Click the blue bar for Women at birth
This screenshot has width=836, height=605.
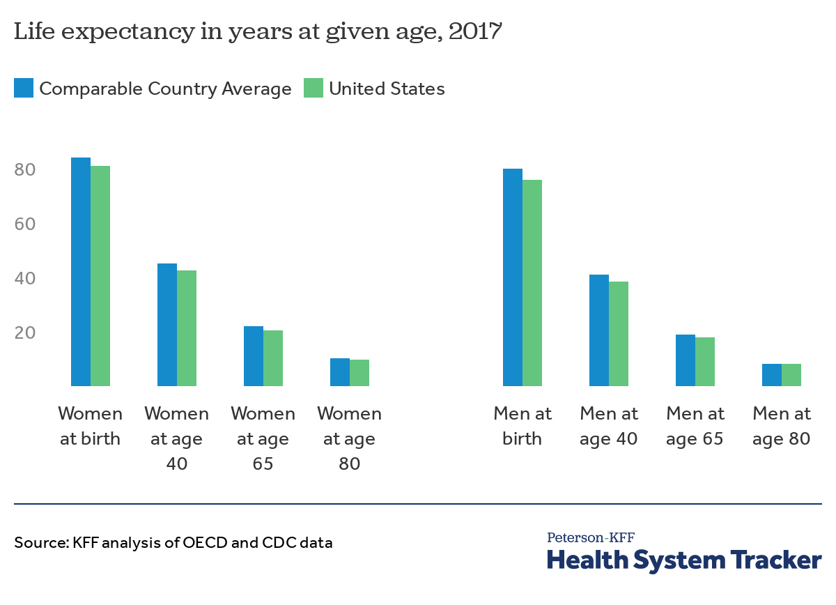point(81,272)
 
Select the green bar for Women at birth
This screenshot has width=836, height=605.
point(100,276)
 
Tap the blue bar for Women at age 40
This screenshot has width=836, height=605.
point(167,325)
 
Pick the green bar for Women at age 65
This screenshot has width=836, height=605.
point(273,358)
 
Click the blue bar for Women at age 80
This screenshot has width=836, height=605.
point(340,372)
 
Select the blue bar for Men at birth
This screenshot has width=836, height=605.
point(513,277)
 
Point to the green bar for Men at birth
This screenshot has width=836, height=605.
point(532,283)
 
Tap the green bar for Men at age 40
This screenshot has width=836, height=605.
point(619,334)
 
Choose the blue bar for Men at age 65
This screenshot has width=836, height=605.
point(686,360)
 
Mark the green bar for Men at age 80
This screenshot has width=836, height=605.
point(791,375)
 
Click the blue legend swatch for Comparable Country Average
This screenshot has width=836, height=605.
point(23,89)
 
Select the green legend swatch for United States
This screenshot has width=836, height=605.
point(313,89)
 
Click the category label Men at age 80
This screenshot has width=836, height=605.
point(782,427)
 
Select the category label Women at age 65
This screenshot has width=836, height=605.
point(263,439)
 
